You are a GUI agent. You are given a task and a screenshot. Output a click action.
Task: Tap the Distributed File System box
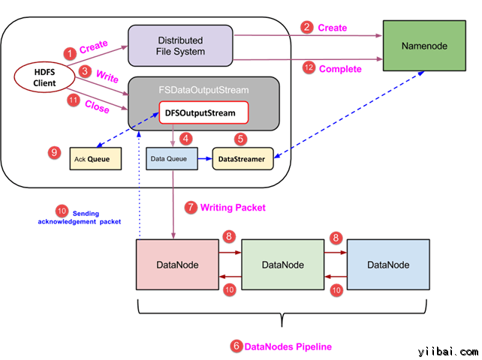coord(180,44)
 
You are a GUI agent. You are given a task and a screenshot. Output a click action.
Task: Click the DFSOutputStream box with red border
coord(201,114)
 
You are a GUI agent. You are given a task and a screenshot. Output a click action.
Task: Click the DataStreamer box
coord(243,159)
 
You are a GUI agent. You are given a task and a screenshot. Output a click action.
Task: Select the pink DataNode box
coord(177,265)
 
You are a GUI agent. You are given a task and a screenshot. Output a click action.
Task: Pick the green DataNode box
coord(283,265)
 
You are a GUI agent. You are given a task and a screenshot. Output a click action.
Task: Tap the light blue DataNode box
coord(388,265)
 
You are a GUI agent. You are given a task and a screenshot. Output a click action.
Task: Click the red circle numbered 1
coord(69,53)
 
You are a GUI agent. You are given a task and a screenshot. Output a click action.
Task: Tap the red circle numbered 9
coord(53,152)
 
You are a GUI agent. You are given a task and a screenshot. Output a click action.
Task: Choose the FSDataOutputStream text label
coord(203,89)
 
